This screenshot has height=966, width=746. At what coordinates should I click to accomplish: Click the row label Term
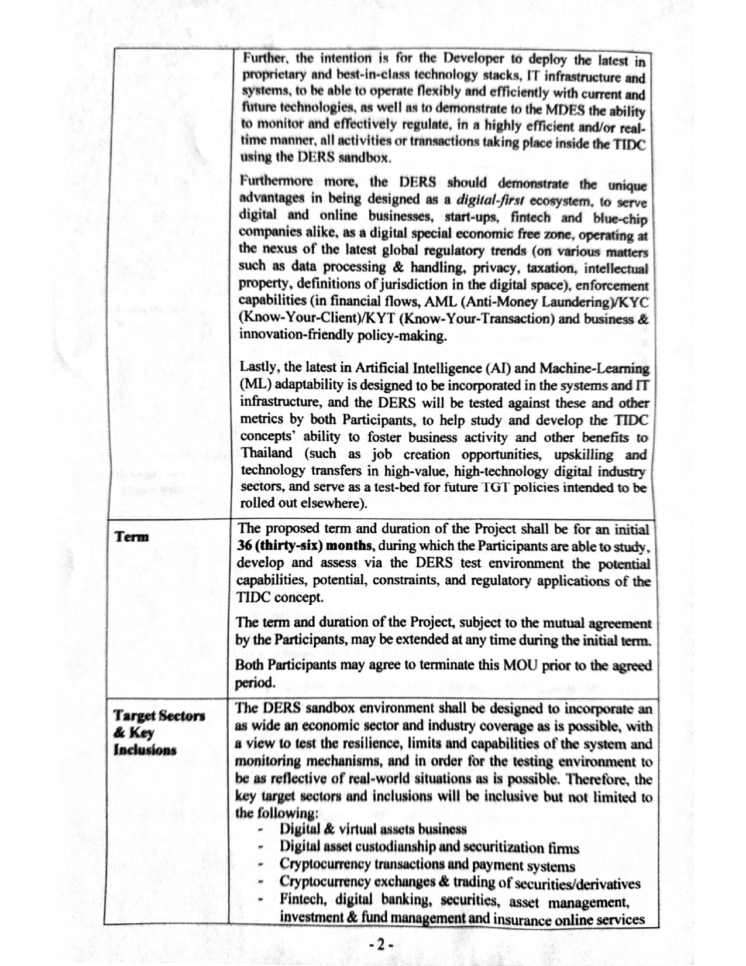[132, 537]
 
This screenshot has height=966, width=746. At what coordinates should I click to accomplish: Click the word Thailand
[267, 454]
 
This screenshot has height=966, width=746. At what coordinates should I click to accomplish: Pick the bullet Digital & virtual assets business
[373, 828]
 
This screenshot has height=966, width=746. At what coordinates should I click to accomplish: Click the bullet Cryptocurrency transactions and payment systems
[427, 865]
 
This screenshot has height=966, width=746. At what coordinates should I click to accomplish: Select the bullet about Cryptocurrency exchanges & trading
[460, 883]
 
